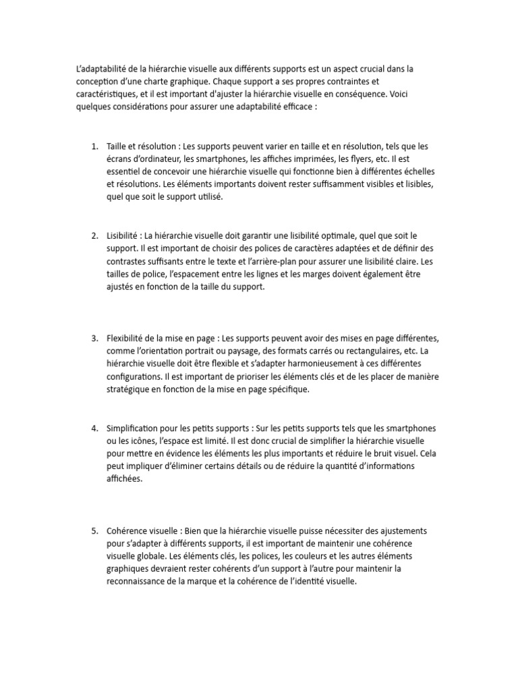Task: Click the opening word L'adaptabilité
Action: point(101,69)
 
